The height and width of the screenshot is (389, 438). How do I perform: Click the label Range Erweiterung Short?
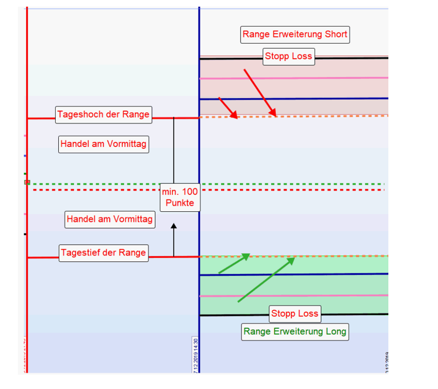click(295, 35)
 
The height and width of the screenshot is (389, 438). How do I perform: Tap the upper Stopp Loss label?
click(288, 56)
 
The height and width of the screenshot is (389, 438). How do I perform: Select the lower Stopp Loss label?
click(295, 314)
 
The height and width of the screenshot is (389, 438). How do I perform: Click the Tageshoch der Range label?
click(103, 114)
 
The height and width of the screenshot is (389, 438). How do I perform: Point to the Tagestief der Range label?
click(103, 253)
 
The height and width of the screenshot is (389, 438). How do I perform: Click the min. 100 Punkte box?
click(180, 197)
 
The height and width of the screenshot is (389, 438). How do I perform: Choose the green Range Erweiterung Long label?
click(295, 332)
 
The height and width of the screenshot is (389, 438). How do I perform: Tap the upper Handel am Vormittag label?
click(103, 144)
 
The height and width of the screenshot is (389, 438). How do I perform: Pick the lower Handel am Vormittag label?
click(109, 220)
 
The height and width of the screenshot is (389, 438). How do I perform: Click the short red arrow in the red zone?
click(228, 108)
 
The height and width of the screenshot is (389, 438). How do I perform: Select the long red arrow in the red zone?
click(259, 93)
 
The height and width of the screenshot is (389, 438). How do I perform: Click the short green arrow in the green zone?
click(234, 264)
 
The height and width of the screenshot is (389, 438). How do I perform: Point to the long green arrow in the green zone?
click(267, 279)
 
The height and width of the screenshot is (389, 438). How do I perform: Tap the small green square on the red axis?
click(28, 182)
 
